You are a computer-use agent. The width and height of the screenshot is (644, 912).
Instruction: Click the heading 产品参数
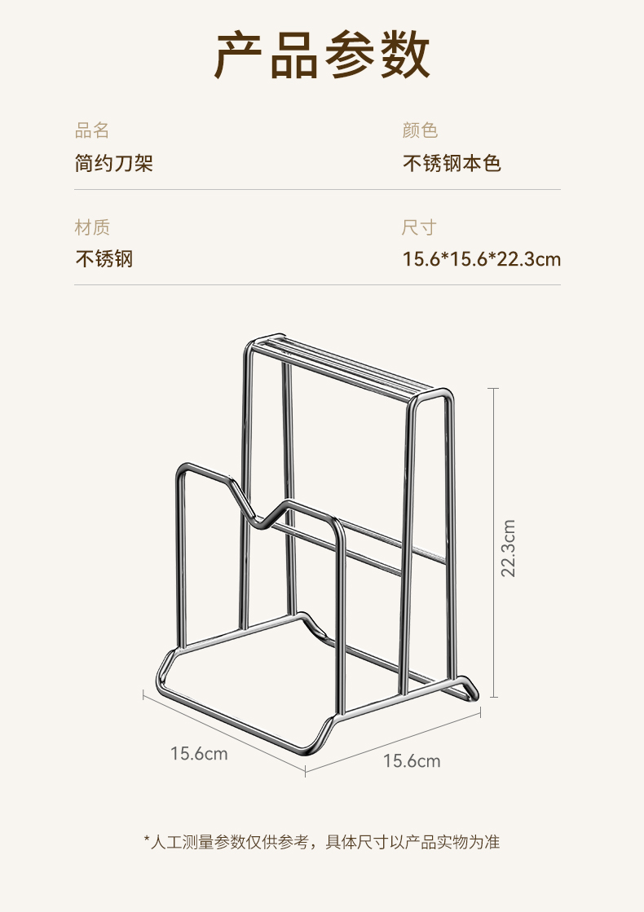point(322,56)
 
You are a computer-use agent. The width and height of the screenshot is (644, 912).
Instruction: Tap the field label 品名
point(92,130)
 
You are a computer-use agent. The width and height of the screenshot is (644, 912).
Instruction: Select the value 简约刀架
point(114,164)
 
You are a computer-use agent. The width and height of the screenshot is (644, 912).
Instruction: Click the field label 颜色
point(420,130)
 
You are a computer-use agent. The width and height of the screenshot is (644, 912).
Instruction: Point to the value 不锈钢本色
point(452,164)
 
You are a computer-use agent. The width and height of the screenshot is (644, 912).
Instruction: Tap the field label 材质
point(92,227)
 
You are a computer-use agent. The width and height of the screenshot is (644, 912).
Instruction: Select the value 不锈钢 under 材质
point(104,260)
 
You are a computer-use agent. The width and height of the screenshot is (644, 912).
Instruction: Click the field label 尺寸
point(420,227)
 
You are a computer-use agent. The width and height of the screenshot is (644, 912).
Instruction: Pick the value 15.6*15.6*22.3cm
point(482,260)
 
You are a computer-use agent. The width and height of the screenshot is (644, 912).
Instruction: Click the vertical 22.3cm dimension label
point(509,548)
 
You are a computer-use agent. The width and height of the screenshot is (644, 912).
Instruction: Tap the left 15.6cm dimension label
point(199,754)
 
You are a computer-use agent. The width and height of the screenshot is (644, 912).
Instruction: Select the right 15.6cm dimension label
point(412,761)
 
